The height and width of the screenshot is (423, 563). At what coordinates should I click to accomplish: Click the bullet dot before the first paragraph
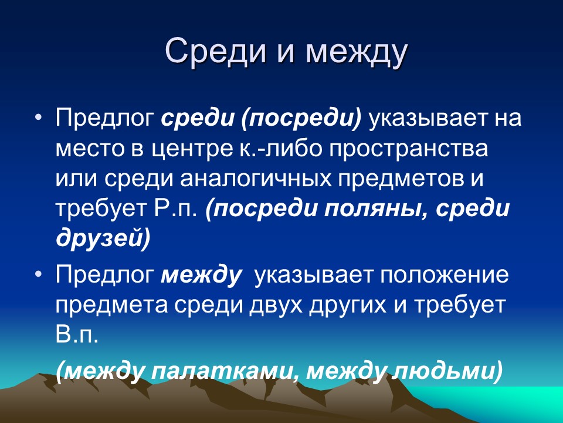pos(39,117)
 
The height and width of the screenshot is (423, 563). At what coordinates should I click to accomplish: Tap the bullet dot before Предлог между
pos(39,274)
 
